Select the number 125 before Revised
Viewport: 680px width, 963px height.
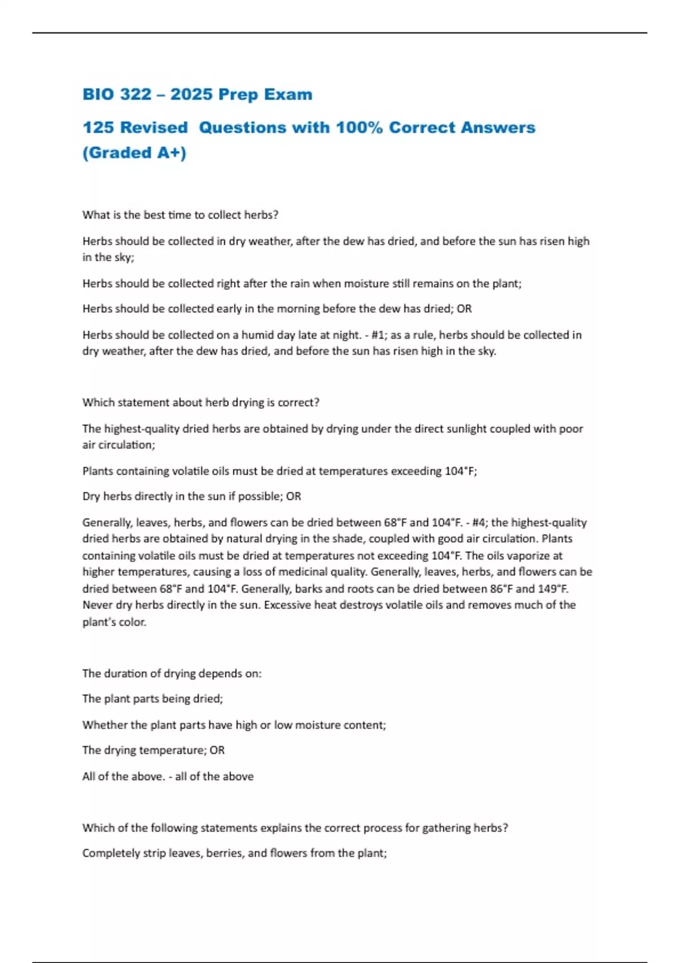pos(98,127)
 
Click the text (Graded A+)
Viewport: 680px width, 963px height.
pos(134,153)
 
